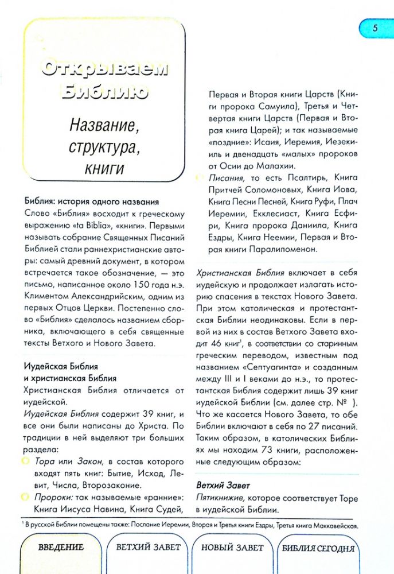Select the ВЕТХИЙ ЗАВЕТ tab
point(148,547)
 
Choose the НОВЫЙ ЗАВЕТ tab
point(232,547)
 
